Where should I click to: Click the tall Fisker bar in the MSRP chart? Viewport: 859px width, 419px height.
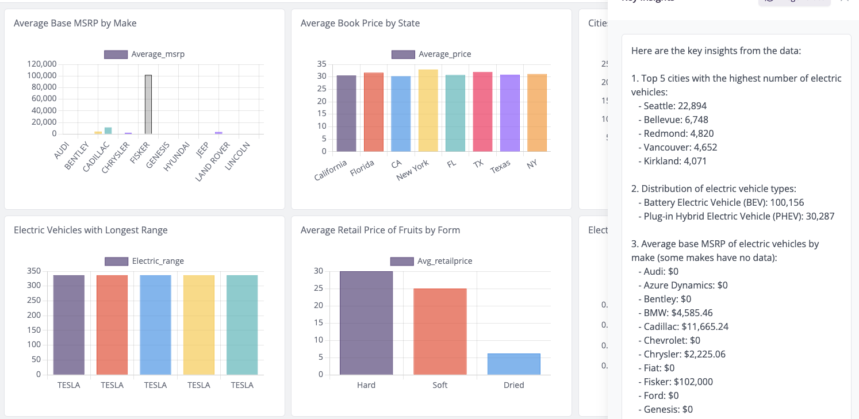(148, 105)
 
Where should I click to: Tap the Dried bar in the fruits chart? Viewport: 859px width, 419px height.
(513, 364)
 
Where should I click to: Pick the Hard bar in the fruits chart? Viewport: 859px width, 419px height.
(366, 323)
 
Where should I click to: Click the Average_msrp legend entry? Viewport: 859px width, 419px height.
(144, 54)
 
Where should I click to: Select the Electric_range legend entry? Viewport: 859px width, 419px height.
(144, 261)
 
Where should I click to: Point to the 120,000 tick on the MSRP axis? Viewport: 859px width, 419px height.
(41, 64)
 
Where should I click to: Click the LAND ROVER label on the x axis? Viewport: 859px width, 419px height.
(213, 162)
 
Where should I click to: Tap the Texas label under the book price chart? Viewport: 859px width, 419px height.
(501, 167)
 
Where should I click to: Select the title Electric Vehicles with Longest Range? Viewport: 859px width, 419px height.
(90, 230)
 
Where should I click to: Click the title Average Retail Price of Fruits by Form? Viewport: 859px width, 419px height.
(380, 230)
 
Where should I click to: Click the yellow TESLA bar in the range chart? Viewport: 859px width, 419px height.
(199, 325)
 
